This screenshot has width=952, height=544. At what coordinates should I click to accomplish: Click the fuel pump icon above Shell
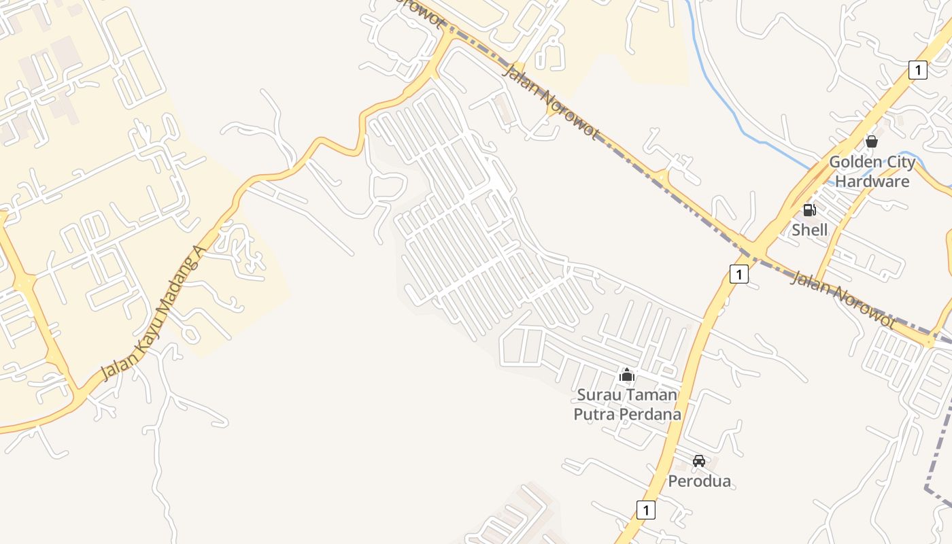(809, 210)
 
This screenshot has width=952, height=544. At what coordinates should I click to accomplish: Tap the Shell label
(809, 230)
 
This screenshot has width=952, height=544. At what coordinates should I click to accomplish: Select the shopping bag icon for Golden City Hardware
(871, 141)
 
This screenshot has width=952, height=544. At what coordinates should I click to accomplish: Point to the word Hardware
(872, 182)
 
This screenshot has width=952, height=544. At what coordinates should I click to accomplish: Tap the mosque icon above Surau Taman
(627, 375)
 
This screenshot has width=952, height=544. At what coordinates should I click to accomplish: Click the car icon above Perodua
(699, 461)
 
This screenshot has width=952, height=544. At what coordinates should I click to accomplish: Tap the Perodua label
(699, 481)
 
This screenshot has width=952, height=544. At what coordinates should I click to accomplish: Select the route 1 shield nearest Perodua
(646, 509)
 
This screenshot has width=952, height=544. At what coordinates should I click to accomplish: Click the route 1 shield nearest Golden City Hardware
(918, 69)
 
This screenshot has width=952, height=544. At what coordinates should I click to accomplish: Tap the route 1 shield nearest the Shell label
(738, 274)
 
